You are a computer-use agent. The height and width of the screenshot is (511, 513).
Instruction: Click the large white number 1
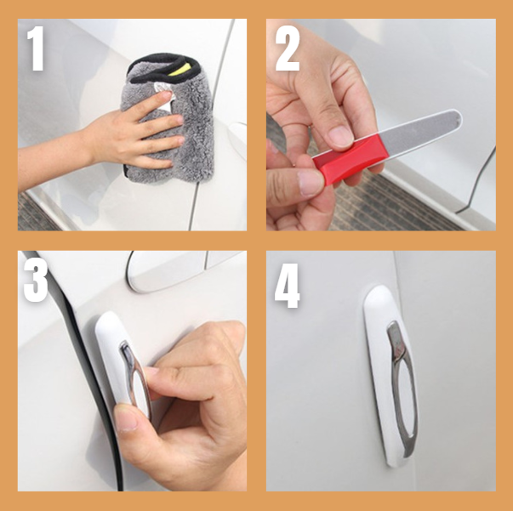tap(36, 48)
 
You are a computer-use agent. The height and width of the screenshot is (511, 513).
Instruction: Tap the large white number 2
tap(288, 48)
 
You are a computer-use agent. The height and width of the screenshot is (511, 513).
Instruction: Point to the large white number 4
tap(288, 286)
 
